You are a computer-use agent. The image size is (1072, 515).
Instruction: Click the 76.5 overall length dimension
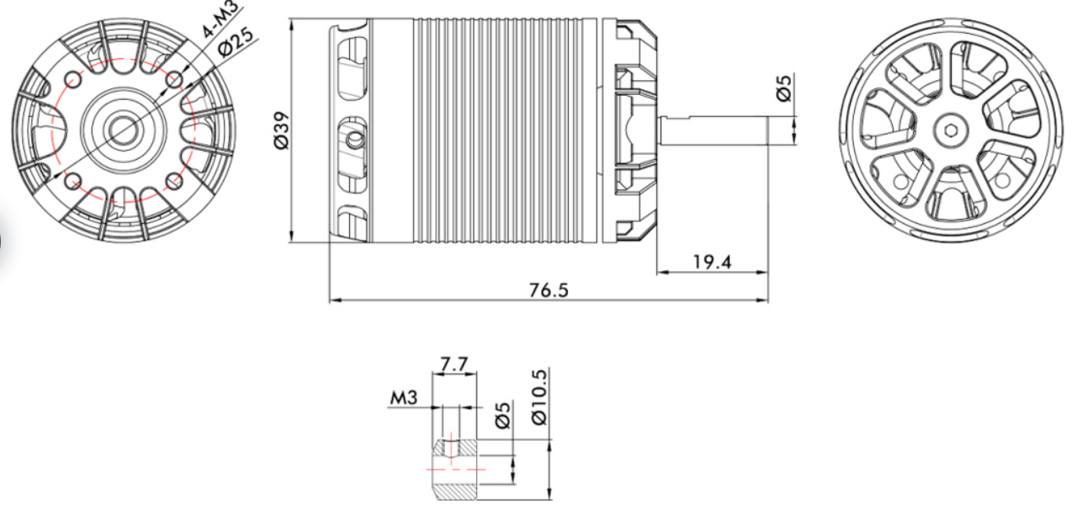click(x=549, y=290)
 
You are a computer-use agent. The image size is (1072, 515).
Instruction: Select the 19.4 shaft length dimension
click(x=712, y=263)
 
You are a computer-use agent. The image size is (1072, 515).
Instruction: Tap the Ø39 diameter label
click(x=281, y=130)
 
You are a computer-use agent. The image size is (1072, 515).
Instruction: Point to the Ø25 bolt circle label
click(x=235, y=41)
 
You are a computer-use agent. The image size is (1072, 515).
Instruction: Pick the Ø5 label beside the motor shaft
click(x=784, y=88)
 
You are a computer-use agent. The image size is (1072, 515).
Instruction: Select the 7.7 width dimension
click(x=454, y=364)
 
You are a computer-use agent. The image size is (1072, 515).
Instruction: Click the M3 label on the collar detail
click(x=403, y=397)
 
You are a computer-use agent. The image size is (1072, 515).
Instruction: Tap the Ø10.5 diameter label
click(x=539, y=397)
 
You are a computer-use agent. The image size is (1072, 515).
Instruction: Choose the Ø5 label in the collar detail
click(x=503, y=415)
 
